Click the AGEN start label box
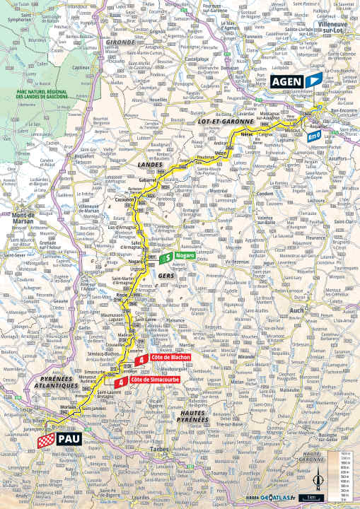[286, 81]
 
